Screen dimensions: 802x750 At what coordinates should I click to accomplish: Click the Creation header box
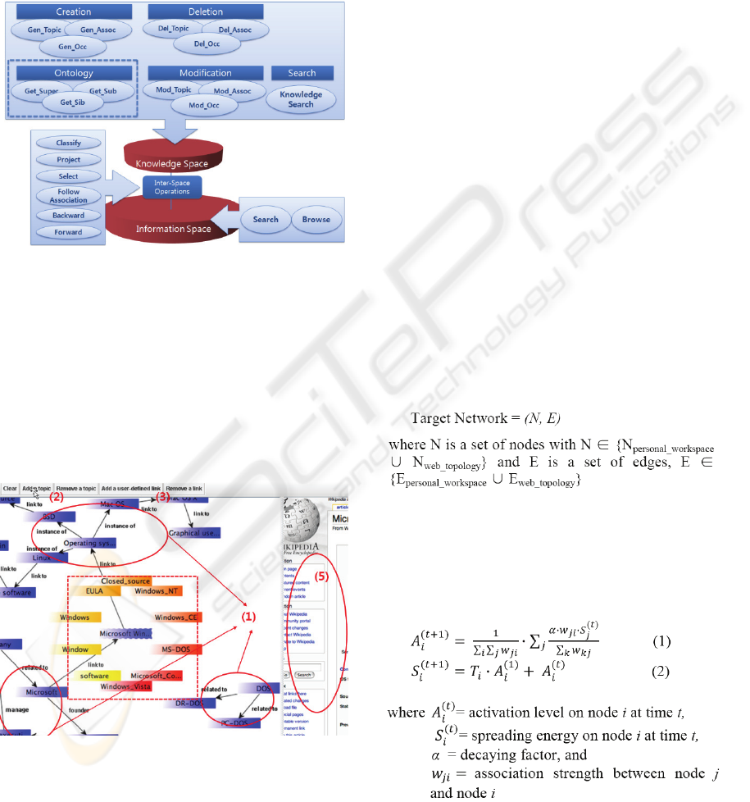pos(74,12)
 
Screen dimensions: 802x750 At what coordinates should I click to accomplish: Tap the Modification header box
pos(206,73)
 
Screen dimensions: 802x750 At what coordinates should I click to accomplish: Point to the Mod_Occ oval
pos(207,106)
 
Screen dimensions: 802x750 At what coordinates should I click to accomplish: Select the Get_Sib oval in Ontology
pos(70,104)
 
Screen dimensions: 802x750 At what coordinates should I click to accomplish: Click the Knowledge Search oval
pos(301,99)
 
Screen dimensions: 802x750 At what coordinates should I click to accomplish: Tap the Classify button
pos(69,143)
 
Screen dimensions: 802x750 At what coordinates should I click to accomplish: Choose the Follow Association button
pos(69,196)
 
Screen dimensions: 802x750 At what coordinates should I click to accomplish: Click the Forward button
pos(69,232)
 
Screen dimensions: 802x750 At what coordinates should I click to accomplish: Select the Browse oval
pos(316,220)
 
